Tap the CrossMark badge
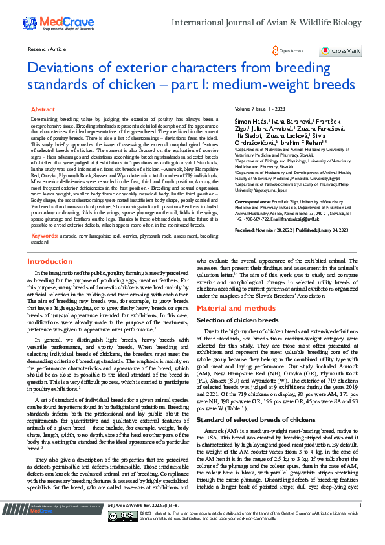[340, 50]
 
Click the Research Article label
[47, 49]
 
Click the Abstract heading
[43, 110]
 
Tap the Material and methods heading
[231, 308]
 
